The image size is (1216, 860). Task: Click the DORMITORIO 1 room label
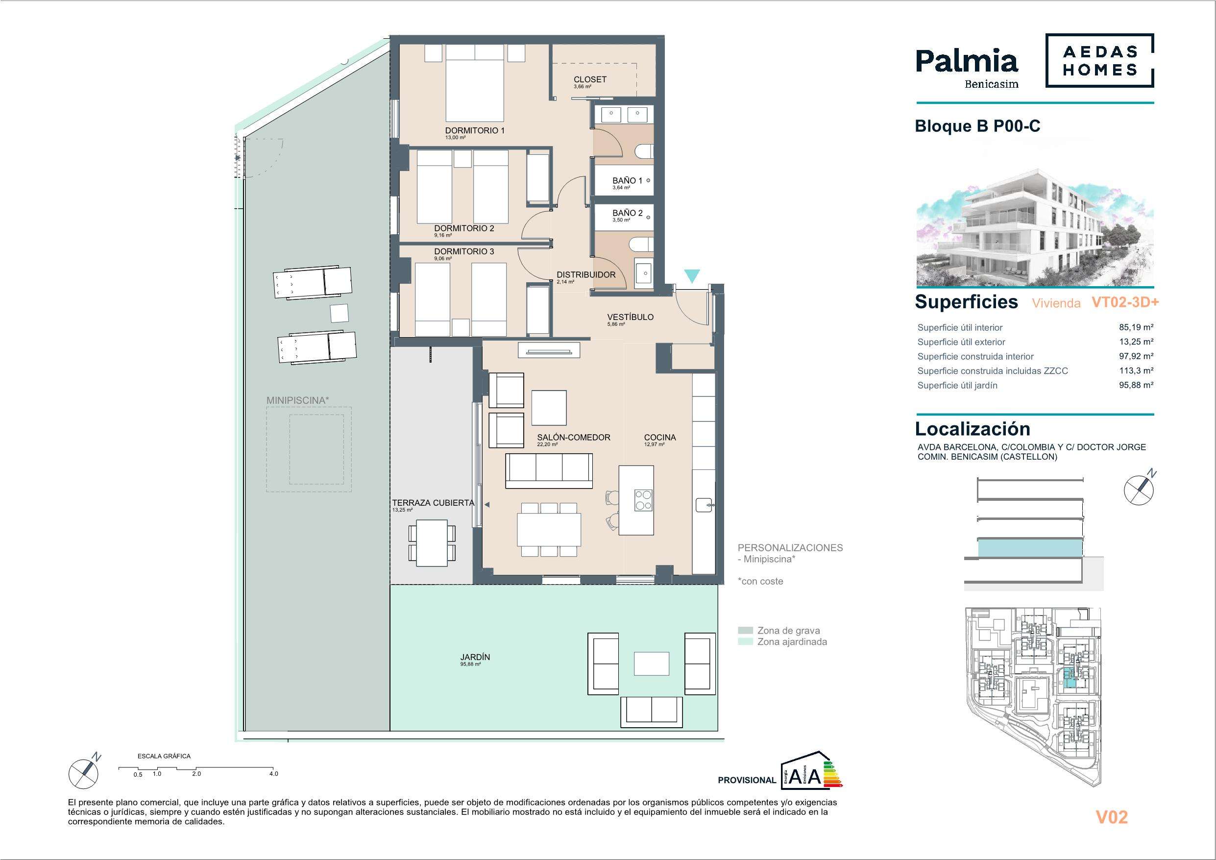tap(475, 130)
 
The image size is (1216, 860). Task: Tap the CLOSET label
tap(590, 79)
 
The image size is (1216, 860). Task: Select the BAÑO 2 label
tap(628, 213)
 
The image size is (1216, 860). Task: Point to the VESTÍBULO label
tap(630, 317)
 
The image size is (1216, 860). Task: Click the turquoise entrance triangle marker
tap(692, 275)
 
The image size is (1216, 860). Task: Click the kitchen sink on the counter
tap(705, 506)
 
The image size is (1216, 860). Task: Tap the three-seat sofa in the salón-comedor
tap(549, 470)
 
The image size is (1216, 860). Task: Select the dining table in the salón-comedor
tap(549, 530)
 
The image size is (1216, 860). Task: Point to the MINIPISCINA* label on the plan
tap(295, 400)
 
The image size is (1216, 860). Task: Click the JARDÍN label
tap(475, 657)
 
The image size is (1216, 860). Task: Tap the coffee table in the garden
tap(652, 663)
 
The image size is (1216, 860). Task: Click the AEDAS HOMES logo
tap(1099, 60)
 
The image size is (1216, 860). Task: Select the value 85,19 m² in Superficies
tap(1136, 327)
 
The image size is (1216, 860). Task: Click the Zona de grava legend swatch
tap(745, 631)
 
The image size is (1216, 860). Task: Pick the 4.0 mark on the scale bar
tap(273, 774)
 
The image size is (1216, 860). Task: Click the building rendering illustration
tap(1035, 228)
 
